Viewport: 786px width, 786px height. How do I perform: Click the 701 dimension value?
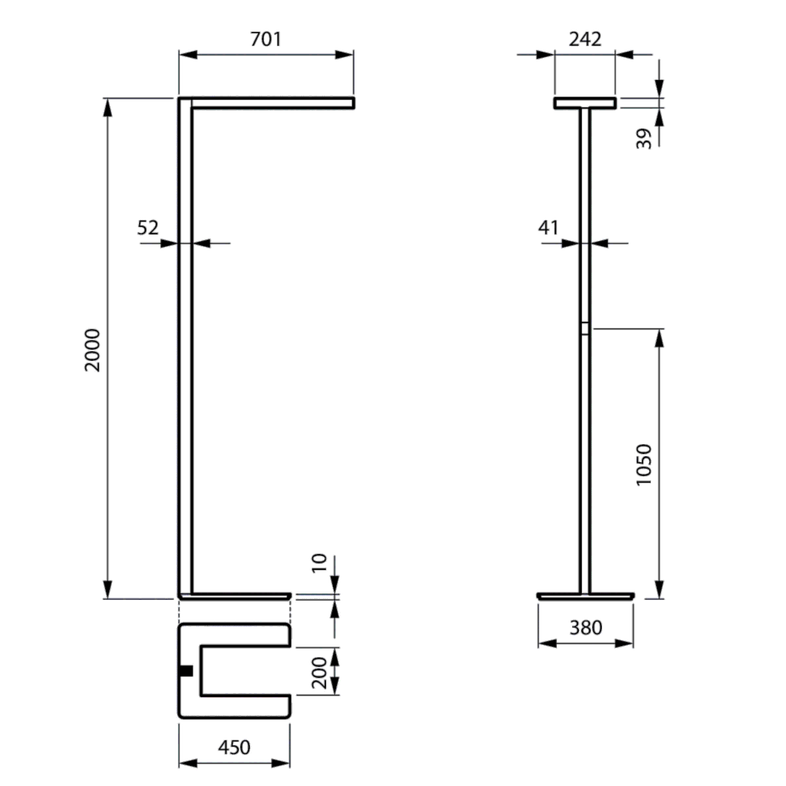[x=265, y=39]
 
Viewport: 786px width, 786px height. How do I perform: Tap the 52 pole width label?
[x=148, y=227]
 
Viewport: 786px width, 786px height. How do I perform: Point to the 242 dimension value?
[x=584, y=39]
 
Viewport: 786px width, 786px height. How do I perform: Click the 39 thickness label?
[x=645, y=138]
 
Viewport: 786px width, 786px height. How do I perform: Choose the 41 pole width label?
[x=548, y=227]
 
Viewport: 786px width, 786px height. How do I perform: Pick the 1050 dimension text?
[x=645, y=464]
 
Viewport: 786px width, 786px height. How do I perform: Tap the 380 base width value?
[x=585, y=627]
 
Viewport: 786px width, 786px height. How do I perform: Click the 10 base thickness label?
[x=318, y=563]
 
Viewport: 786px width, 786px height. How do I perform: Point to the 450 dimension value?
[x=234, y=747]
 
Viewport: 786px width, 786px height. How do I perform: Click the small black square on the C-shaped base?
[x=185, y=671]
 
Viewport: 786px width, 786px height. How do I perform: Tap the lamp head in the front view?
[x=585, y=103]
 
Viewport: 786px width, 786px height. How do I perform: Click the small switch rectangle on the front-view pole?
[x=585, y=329]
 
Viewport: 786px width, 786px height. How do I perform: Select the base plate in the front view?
[x=585, y=595]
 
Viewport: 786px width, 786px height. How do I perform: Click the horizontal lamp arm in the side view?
[x=272, y=103]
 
